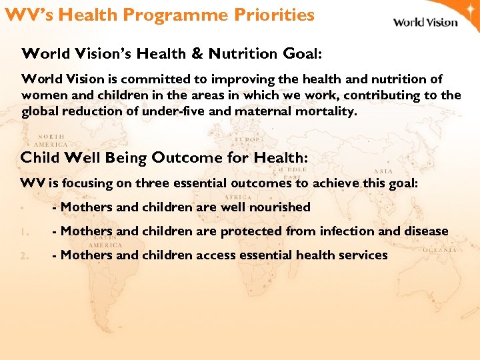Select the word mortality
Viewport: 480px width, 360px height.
coord(327,111)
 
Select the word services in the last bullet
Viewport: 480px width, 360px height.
coord(364,255)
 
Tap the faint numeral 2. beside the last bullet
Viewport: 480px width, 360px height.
coord(23,255)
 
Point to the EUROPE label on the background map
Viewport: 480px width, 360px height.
coord(249,139)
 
